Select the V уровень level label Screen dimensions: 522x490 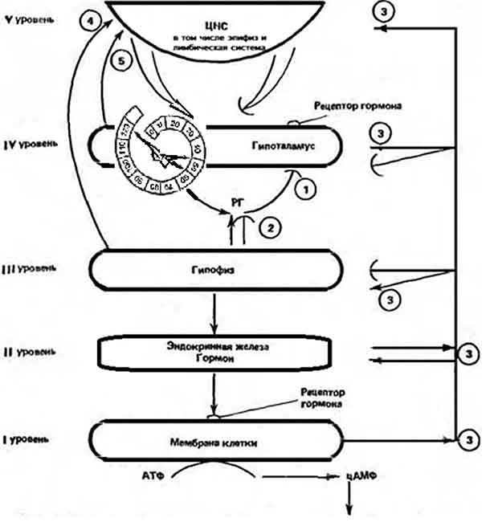30,17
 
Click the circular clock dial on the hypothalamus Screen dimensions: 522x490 160,146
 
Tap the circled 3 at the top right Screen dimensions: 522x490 386,10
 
